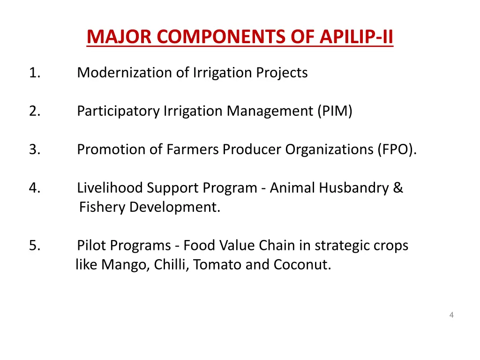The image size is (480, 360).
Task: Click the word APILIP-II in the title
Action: pyautogui.click(x=356, y=37)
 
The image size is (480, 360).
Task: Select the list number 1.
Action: pyautogui.click(x=34, y=73)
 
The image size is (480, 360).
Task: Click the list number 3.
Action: pyautogui.click(x=34, y=150)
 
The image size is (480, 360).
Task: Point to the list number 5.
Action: pyautogui.click(x=34, y=246)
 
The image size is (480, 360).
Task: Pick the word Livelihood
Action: pyautogui.click(x=110, y=188)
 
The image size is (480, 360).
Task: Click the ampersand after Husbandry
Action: pyautogui.click(x=398, y=188)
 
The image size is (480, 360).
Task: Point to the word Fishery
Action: pyautogui.click(x=102, y=207)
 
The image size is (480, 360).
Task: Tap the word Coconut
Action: pyautogui.click(x=302, y=265)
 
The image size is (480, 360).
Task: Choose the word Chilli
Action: pyautogui.click(x=171, y=265)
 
